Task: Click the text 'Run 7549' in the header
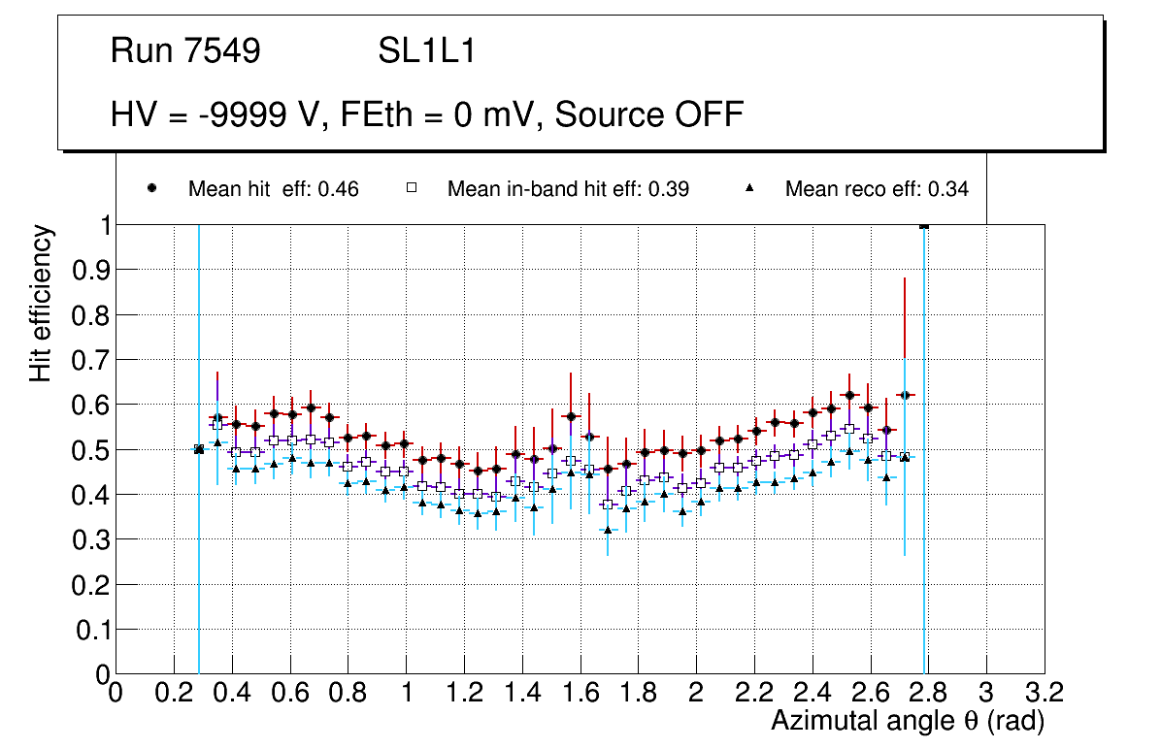point(185,52)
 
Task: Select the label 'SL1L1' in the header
point(427,52)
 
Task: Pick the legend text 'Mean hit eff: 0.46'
point(273,189)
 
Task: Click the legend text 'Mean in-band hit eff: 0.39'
point(568,189)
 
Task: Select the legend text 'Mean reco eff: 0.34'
point(876,189)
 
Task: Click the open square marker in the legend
point(411,188)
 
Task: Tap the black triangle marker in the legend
point(749,188)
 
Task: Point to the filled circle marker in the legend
point(151,188)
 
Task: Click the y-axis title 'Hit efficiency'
point(41,303)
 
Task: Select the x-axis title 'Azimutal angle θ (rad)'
point(908,721)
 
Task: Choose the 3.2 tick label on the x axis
point(1044,694)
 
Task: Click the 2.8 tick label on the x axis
point(927,694)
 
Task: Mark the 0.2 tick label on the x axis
point(174,694)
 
